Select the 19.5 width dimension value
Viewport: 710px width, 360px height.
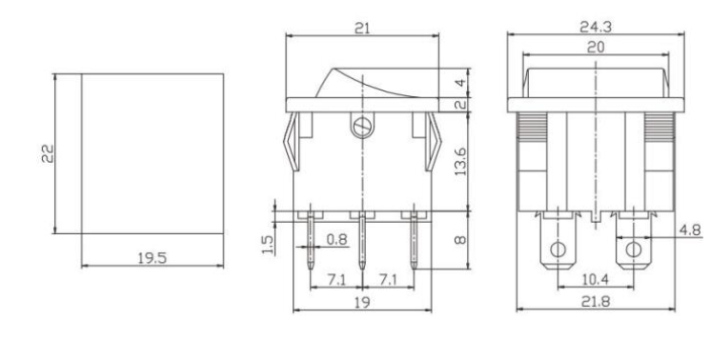pos(147,254)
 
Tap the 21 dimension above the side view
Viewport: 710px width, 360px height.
pos(362,30)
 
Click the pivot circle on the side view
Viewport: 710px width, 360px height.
pos(362,125)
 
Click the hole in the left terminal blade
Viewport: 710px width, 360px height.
pos(558,253)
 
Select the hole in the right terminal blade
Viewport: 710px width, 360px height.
pos(631,253)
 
